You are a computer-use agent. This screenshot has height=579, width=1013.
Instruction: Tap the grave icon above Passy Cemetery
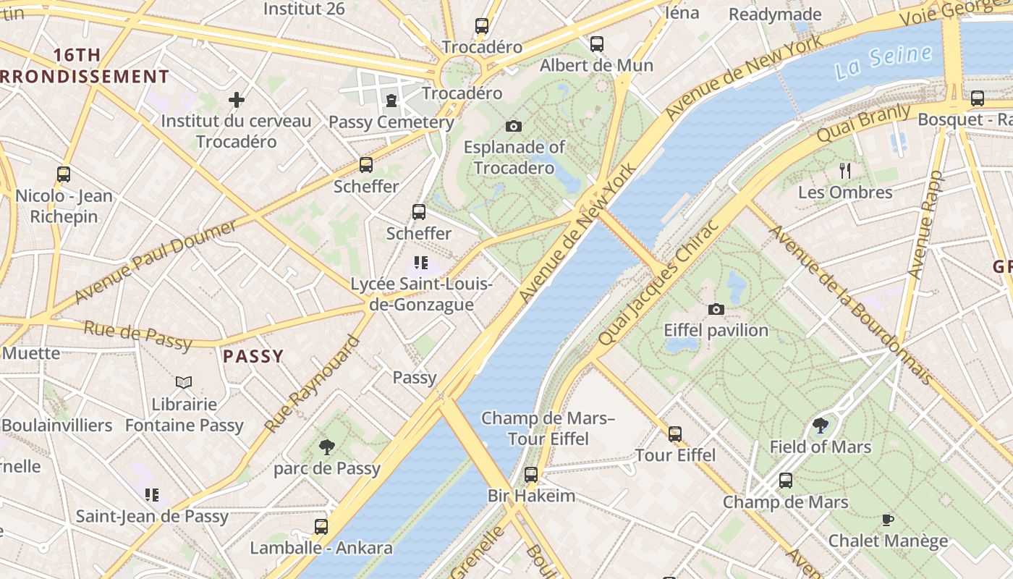coord(391,100)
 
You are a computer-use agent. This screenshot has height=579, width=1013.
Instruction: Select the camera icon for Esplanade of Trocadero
coord(514,126)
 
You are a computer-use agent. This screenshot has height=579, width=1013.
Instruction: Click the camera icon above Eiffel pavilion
coord(716,309)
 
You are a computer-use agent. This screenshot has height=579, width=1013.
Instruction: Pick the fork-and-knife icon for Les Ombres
coord(845,171)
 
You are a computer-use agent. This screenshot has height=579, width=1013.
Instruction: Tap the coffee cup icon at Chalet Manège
coord(888,519)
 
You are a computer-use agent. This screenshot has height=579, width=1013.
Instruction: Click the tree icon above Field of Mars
coord(820,426)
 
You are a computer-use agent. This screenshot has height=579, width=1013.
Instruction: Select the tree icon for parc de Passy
coord(327,447)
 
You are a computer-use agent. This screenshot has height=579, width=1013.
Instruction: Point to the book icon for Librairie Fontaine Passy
coord(184,382)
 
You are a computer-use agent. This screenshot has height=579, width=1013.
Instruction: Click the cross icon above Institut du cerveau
coord(237,100)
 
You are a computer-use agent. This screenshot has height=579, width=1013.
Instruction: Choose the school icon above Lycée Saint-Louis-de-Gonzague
coord(421,263)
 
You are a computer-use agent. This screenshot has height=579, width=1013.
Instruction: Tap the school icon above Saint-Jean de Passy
coord(152,495)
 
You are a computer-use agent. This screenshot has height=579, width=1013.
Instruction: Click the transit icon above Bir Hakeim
coord(531,475)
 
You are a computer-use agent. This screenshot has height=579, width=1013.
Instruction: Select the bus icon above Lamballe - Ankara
coord(321,526)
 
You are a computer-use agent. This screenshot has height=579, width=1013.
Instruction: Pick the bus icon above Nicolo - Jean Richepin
coord(64,174)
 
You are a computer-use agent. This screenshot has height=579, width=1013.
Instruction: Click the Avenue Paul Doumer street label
coord(156,262)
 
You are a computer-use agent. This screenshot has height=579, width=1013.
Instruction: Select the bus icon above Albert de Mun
coord(597,44)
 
